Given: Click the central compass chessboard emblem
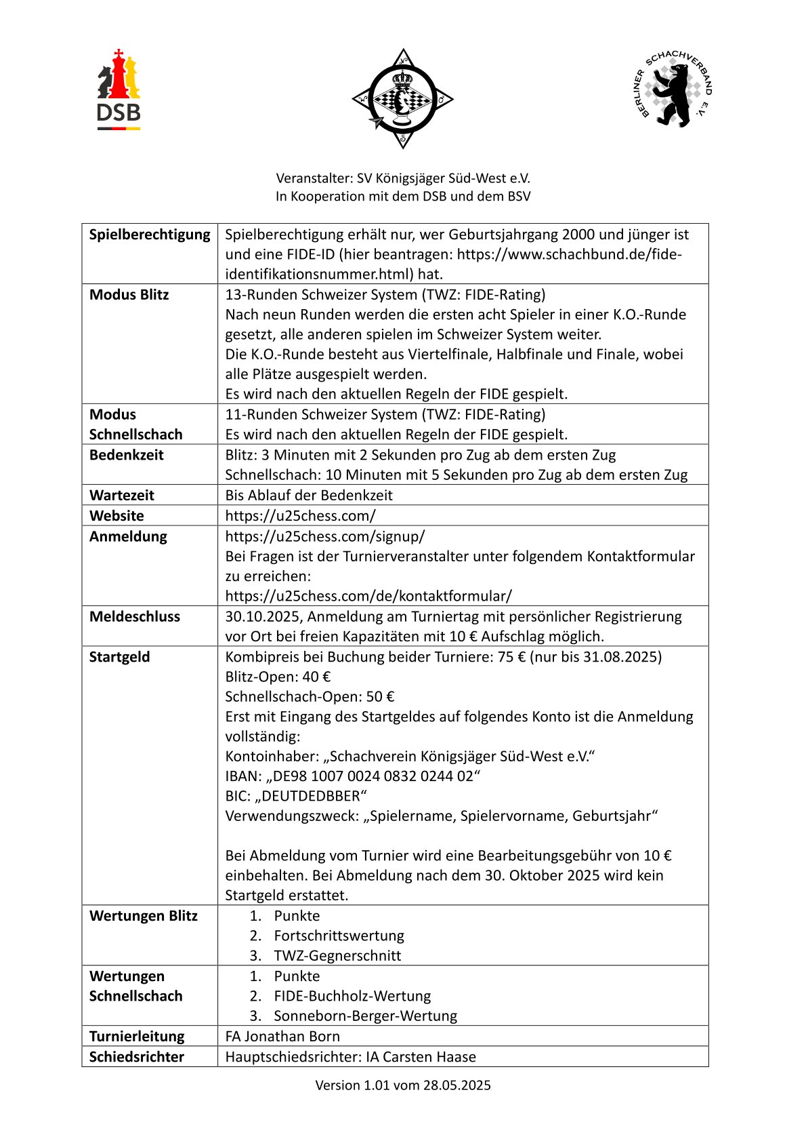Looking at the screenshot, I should [402, 99].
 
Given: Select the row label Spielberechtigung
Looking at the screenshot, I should [150, 235].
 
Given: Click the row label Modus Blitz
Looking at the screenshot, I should [129, 295].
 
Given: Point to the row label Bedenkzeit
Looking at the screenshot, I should [126, 455].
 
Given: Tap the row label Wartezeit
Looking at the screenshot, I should [121, 495].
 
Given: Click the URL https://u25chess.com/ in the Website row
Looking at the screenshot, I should [300, 515].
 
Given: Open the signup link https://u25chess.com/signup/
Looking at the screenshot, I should [325, 536].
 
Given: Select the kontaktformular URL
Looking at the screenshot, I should [368, 596].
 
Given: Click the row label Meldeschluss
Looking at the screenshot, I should [135, 616].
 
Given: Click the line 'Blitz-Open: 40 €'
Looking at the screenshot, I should [278, 677].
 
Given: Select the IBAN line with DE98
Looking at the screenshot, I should [352, 776].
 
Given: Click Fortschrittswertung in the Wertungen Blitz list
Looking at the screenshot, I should [339, 936].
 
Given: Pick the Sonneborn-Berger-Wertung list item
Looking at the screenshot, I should [365, 1016].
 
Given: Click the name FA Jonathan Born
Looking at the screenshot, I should [282, 1036].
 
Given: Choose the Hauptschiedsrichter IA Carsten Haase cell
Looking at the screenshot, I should [350, 1056].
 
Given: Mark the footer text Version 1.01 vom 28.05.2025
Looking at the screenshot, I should [403, 1085].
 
